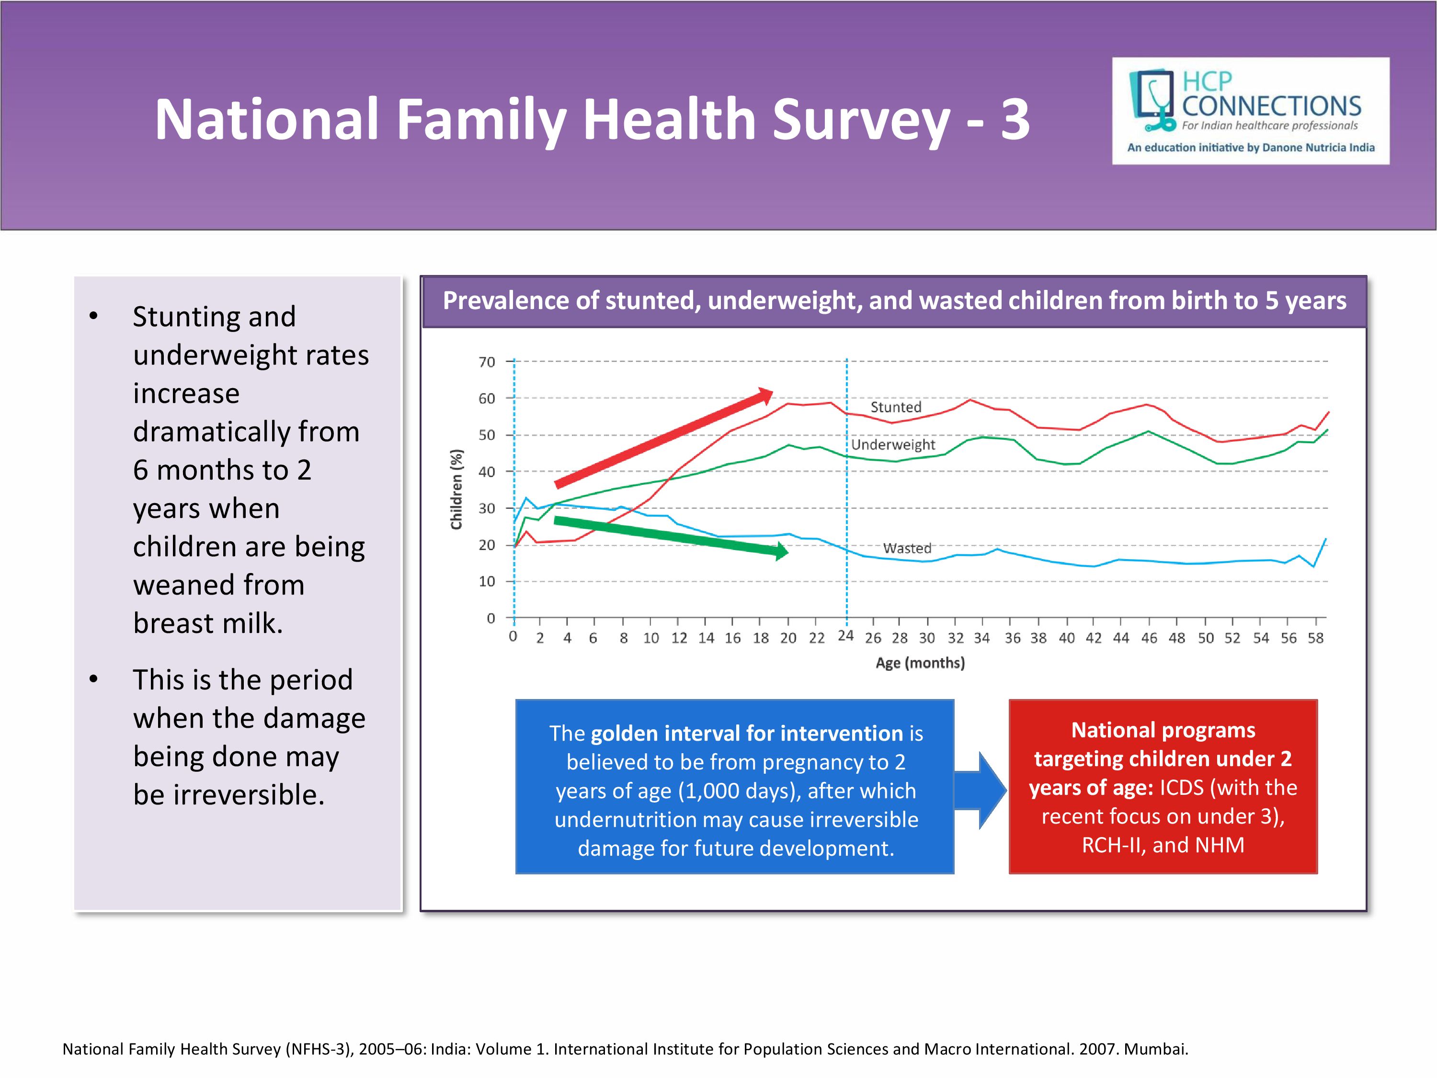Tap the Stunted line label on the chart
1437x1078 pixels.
(896, 407)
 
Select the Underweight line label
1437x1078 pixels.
(893, 445)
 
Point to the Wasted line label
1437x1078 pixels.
(907, 549)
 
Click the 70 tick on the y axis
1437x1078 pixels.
(487, 362)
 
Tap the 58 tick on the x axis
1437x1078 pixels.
(1315, 638)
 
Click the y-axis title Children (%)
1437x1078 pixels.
(456, 489)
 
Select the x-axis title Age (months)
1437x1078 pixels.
(920, 663)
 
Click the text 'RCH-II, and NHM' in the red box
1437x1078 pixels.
(1163, 845)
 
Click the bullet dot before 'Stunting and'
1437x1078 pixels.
(93, 316)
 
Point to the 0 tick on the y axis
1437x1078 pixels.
(491, 618)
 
